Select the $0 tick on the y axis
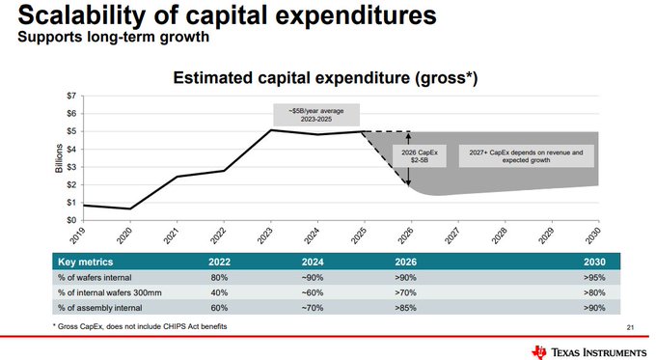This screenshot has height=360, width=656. tap(70, 220)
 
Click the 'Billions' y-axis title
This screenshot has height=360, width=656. tap(58, 158)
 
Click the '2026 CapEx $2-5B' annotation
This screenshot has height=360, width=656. tap(406, 157)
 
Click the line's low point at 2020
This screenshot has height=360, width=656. tap(129, 208)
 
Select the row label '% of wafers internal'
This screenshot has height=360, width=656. tap(97, 277)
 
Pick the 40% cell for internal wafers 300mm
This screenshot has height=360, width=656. tap(219, 292)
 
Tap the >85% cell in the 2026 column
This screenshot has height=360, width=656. tap(405, 308)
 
